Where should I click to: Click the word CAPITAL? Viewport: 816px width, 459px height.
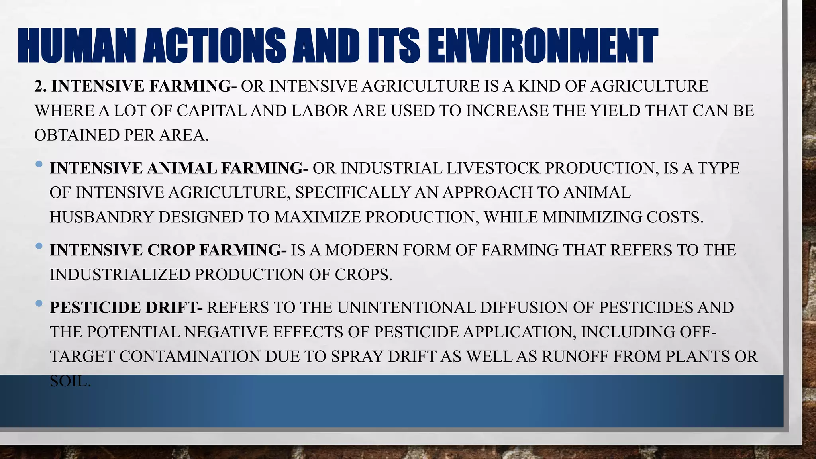tap(212, 111)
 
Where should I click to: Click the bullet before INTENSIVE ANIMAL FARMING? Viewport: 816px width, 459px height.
tap(39, 164)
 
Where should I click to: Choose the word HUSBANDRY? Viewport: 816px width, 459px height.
tap(102, 217)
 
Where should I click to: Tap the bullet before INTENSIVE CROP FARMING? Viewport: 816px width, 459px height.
tap(39, 246)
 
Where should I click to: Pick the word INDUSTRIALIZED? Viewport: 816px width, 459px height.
tap(120, 275)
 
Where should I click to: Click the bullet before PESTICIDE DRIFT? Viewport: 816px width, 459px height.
tap(39, 304)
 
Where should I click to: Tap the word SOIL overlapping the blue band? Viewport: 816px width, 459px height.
tap(70, 381)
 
